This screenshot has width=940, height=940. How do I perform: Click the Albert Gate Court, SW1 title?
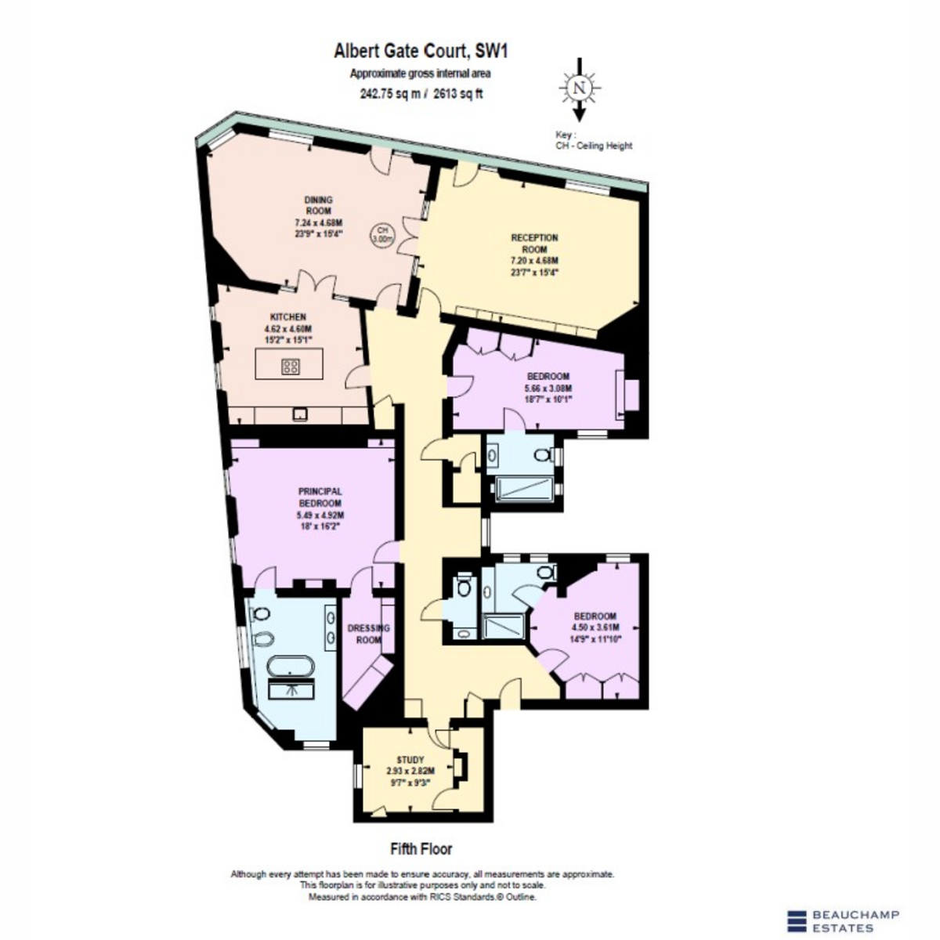421,51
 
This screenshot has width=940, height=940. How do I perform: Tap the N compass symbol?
580,89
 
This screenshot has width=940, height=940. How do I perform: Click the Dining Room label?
318,205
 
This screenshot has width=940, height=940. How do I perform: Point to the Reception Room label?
534,244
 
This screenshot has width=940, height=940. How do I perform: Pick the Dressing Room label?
368,634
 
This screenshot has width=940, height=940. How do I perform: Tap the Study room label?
410,760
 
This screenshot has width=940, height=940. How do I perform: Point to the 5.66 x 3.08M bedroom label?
548,388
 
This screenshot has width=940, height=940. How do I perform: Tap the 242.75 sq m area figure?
390,94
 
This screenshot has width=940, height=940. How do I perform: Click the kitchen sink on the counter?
300,414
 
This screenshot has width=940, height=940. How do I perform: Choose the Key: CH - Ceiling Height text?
594,140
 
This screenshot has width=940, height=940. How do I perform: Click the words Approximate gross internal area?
420,74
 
